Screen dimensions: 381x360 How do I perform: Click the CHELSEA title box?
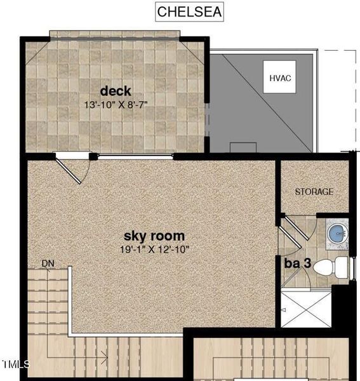point(189,12)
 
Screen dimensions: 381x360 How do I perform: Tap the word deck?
point(115,91)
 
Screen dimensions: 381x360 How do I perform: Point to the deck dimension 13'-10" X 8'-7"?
point(115,104)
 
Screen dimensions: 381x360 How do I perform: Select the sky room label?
point(154,236)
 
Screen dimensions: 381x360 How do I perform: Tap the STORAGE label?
point(314,191)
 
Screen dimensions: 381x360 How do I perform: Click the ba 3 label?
point(297,263)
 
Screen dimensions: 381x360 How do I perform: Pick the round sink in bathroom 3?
point(337,234)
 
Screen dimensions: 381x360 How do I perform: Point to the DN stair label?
point(48,263)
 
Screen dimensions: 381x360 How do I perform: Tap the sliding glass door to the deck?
point(135,156)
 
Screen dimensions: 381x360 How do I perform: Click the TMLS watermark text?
point(16,364)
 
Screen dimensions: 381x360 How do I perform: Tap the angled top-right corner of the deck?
point(193,47)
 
